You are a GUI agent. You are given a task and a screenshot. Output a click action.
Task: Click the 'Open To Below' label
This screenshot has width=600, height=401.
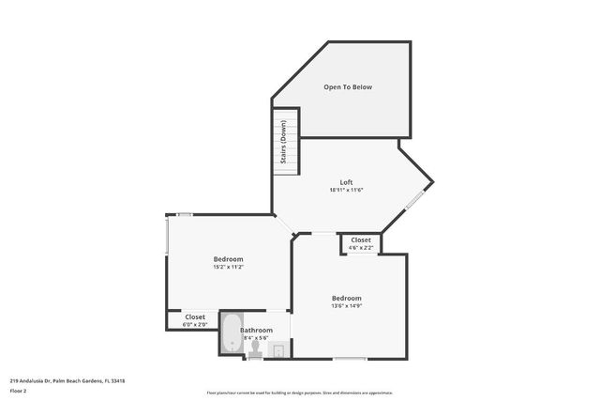coord(348,87)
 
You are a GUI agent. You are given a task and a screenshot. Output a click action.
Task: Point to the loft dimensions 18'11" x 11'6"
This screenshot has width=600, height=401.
coord(346,190)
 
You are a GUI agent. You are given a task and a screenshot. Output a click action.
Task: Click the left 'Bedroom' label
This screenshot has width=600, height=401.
coord(228,259)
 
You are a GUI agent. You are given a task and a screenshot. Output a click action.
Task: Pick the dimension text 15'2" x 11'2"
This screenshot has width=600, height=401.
coord(228,268)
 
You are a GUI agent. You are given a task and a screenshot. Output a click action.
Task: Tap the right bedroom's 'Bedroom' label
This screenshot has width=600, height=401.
coord(346,298)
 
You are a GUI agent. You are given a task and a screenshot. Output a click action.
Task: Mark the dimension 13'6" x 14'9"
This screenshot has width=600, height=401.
coord(346,306)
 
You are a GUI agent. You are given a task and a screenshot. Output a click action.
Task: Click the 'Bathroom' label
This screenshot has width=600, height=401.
coord(257,330)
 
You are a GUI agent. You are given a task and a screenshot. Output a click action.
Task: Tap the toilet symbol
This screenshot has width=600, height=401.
coord(254,349)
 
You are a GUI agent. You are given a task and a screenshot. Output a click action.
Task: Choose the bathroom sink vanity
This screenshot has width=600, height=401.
coord(277,350)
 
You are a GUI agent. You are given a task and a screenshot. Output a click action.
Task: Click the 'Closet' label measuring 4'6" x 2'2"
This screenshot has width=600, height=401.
coord(361,240)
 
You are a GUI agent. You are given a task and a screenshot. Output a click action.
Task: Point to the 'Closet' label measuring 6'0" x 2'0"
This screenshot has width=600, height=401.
coord(195,317)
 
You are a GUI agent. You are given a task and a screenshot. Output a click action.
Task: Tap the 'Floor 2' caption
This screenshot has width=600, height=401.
coord(18,391)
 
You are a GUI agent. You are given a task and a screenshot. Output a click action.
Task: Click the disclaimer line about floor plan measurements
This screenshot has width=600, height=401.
coord(299,393)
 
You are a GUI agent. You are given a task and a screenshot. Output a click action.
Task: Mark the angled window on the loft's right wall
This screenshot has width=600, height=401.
coord(414,198)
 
